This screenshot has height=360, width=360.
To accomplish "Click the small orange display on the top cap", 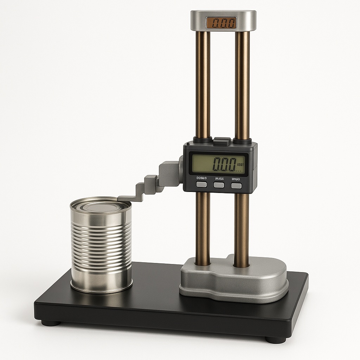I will point(221,23).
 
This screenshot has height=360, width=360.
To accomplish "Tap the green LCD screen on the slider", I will point(218,164).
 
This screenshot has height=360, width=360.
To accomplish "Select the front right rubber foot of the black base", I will point(275,340).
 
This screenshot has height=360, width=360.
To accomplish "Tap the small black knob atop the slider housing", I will point(222,141).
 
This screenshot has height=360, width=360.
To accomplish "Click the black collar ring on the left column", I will point(202,140).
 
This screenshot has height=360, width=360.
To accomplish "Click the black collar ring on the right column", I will point(242,141).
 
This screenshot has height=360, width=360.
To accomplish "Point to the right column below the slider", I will point(242,229).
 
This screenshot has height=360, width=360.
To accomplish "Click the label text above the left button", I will point(201,179).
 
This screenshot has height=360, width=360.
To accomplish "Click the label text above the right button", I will point(236,179).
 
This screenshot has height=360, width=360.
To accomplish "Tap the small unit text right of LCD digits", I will point(240,164).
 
